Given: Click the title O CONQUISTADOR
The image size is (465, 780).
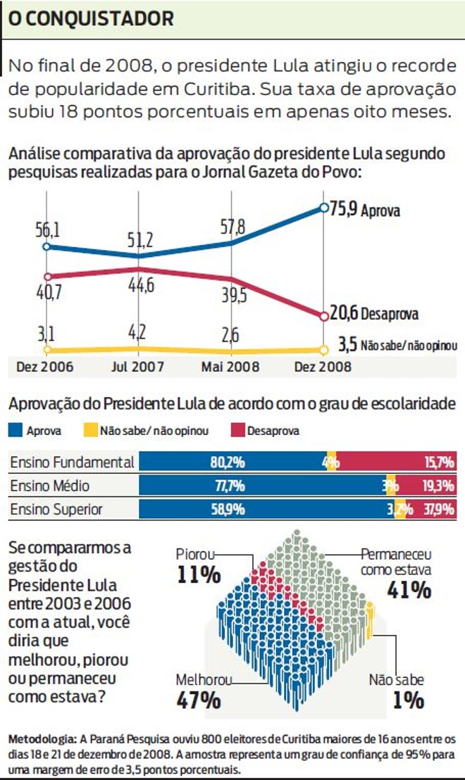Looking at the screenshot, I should (x=90, y=19).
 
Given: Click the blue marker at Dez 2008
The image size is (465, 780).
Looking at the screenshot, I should (x=323, y=208).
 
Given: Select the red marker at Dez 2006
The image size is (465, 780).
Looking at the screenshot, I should (x=46, y=277).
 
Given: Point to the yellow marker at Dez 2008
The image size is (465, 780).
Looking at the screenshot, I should (x=324, y=349).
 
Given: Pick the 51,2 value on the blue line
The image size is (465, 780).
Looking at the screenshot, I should (x=139, y=241).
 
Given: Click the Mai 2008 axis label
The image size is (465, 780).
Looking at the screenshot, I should (x=231, y=367).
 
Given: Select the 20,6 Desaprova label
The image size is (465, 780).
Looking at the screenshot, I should (x=374, y=314).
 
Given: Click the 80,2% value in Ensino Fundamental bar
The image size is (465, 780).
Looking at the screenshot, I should (x=227, y=463).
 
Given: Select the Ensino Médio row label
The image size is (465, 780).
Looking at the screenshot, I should (x=49, y=486).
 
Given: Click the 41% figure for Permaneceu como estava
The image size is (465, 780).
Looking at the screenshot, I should (x=409, y=590).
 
